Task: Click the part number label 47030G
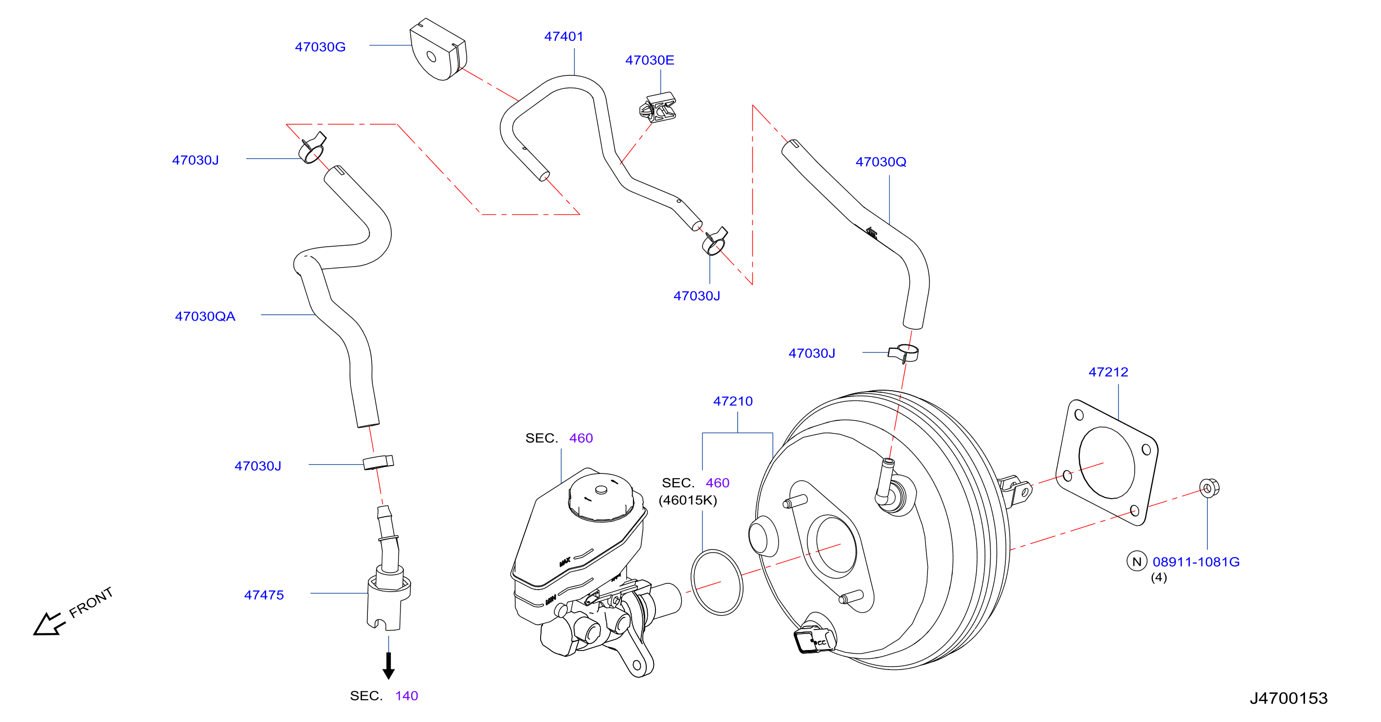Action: pyautogui.click(x=320, y=47)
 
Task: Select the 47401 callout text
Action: pyautogui.click(x=563, y=36)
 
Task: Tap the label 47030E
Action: pyautogui.click(x=650, y=60)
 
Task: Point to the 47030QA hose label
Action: pyautogui.click(x=205, y=316)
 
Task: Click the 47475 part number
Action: pyautogui.click(x=264, y=595)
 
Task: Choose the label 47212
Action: pyautogui.click(x=1108, y=372)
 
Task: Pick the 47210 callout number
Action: pyautogui.click(x=733, y=401)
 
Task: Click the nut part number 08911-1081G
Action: pyautogui.click(x=1196, y=562)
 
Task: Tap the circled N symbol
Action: pyautogui.click(x=1137, y=561)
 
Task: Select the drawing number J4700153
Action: pyautogui.click(x=1289, y=698)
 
